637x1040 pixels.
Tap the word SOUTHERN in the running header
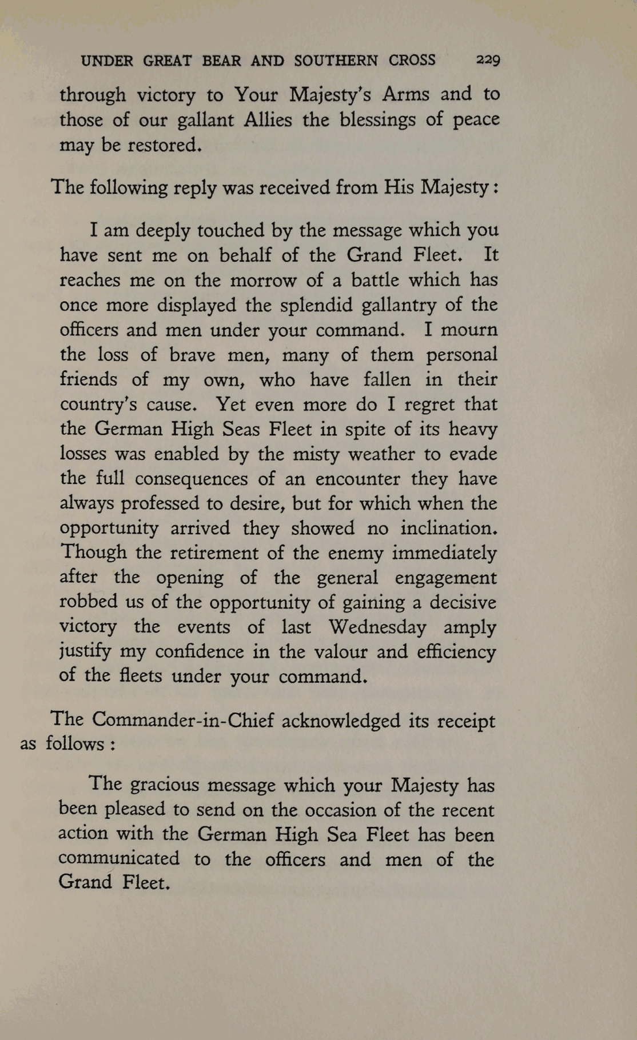click(x=336, y=61)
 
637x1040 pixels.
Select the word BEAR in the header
click(x=221, y=61)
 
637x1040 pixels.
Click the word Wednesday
click(x=377, y=627)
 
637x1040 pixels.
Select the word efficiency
click(x=457, y=652)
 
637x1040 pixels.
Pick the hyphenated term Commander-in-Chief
click(x=183, y=720)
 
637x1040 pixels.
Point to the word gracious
click(x=165, y=785)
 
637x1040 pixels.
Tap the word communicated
click(x=119, y=859)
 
